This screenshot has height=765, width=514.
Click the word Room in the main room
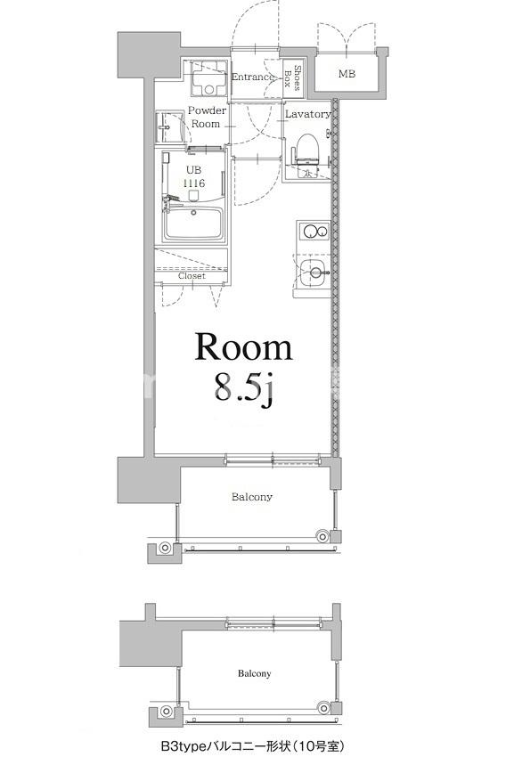243,347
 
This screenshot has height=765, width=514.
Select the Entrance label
252,77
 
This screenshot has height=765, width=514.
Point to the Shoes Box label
292,77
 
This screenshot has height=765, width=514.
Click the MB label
347,74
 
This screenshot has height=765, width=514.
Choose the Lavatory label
307,114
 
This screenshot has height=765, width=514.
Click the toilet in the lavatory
306,150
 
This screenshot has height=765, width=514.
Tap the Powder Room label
207,117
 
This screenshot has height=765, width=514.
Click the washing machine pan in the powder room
209,78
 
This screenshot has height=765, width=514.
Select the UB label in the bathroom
193,170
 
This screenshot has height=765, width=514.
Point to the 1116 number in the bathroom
193,183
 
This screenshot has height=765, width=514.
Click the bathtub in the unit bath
193,223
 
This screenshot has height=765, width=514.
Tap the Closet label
192,276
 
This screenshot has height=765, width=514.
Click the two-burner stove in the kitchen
314,232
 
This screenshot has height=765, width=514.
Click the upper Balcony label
252,497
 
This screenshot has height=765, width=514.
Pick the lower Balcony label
254,673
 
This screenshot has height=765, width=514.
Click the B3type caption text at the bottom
252,746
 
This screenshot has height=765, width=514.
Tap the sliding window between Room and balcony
273,460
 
